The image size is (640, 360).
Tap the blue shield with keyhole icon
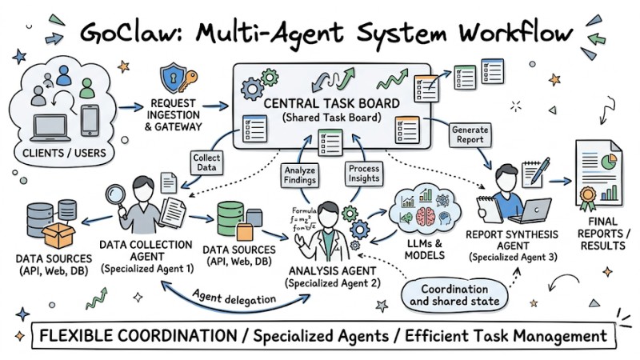click(x=170, y=78)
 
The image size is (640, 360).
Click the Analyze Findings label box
click(x=301, y=175)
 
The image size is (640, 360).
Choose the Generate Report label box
click(x=470, y=135)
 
